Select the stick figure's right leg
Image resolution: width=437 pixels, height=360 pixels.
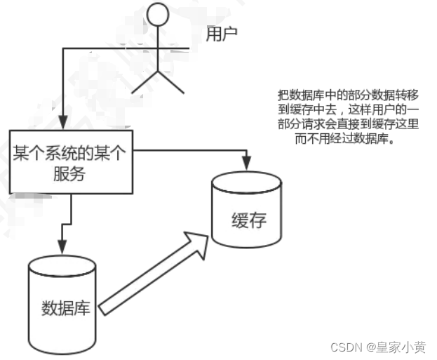click(173, 81)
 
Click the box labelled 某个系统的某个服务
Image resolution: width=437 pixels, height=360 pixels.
click(69, 161)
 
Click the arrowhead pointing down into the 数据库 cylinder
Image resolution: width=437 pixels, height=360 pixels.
click(62, 247)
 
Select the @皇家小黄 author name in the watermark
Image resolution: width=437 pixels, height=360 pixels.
click(401, 347)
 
